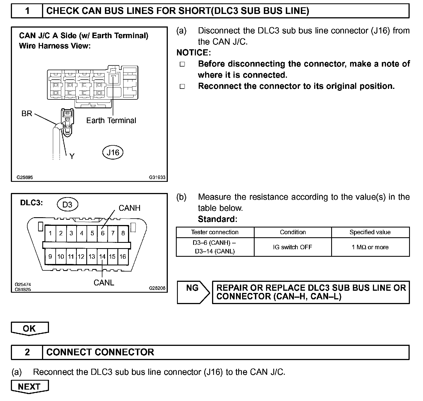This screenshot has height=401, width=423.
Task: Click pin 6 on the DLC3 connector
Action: pos(103,233)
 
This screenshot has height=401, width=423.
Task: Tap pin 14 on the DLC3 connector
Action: pos(102,256)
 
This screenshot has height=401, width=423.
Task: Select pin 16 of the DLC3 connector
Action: pos(123,256)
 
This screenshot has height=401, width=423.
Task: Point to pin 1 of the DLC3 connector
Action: pos(50,233)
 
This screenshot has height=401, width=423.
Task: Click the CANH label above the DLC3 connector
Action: pos(129,208)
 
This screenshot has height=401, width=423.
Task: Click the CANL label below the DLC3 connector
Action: pos(104,283)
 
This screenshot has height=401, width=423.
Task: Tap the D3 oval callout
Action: pos(67,205)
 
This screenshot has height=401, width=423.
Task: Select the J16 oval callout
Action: pos(113,152)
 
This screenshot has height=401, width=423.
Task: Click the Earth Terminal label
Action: pos(111,121)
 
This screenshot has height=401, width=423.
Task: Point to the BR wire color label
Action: pos(27,114)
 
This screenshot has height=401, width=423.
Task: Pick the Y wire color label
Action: pos(72,156)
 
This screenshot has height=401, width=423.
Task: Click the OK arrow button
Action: pos(29,328)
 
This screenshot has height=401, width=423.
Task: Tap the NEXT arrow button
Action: pos(29,387)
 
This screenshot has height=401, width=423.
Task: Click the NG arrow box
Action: pos(193,292)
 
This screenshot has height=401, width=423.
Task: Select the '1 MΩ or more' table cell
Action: pos(370,247)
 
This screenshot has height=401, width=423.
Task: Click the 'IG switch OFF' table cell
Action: pos(292,247)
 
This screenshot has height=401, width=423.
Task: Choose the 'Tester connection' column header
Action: pos(215,232)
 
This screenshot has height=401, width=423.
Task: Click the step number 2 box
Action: pos(27,352)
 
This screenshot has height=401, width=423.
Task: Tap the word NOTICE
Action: pos(193,53)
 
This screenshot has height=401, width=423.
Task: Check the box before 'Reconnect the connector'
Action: pos(182,86)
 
